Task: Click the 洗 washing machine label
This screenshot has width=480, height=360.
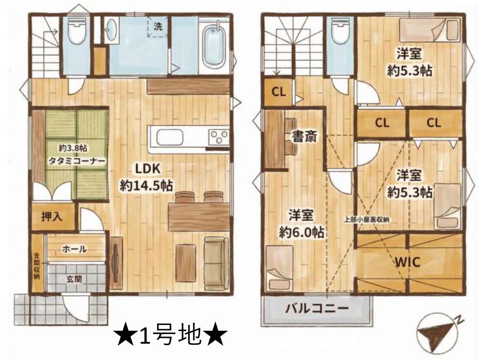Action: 157,27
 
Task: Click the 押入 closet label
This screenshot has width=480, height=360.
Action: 52,216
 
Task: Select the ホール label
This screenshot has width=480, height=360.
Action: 74,249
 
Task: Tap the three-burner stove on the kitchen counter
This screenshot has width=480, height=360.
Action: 219,137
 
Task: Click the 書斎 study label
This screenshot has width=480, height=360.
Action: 303,137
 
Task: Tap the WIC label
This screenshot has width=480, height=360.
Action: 408,262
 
